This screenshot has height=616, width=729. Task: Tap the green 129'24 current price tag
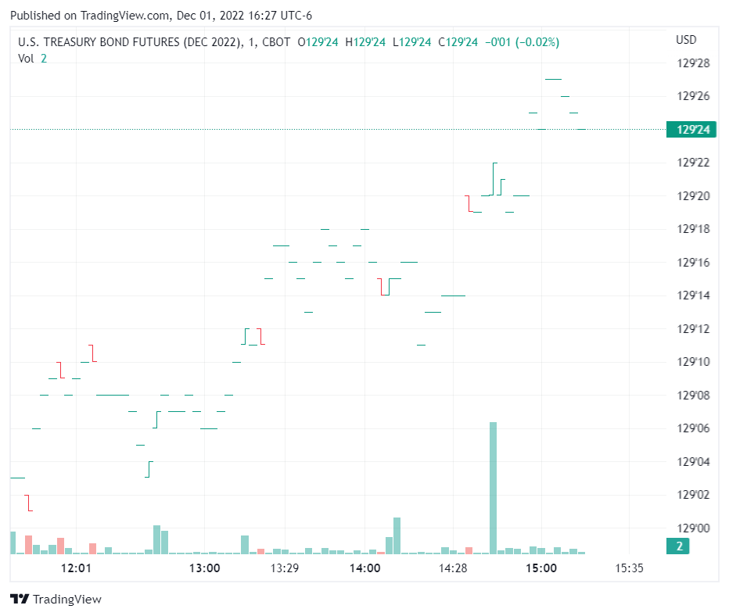click(691, 130)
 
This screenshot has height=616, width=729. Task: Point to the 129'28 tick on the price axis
click(692, 63)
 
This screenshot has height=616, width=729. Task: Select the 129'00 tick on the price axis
click(692, 528)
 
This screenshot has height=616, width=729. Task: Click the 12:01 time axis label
click(76, 568)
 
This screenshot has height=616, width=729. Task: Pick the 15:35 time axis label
click(630, 568)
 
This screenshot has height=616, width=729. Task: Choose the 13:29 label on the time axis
click(285, 568)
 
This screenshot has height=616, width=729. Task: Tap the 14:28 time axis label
click(454, 568)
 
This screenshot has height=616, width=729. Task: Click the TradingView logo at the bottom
click(56, 600)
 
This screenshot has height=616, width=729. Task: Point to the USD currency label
click(686, 40)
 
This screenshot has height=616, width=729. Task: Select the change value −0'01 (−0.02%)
click(523, 42)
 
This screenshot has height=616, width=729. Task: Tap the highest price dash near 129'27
click(553, 79)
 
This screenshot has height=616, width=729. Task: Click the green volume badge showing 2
click(680, 546)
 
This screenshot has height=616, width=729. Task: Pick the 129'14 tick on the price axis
click(692, 295)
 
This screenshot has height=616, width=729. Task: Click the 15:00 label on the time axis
click(541, 568)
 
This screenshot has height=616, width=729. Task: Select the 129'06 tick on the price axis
click(692, 428)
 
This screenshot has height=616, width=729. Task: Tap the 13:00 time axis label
click(205, 568)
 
